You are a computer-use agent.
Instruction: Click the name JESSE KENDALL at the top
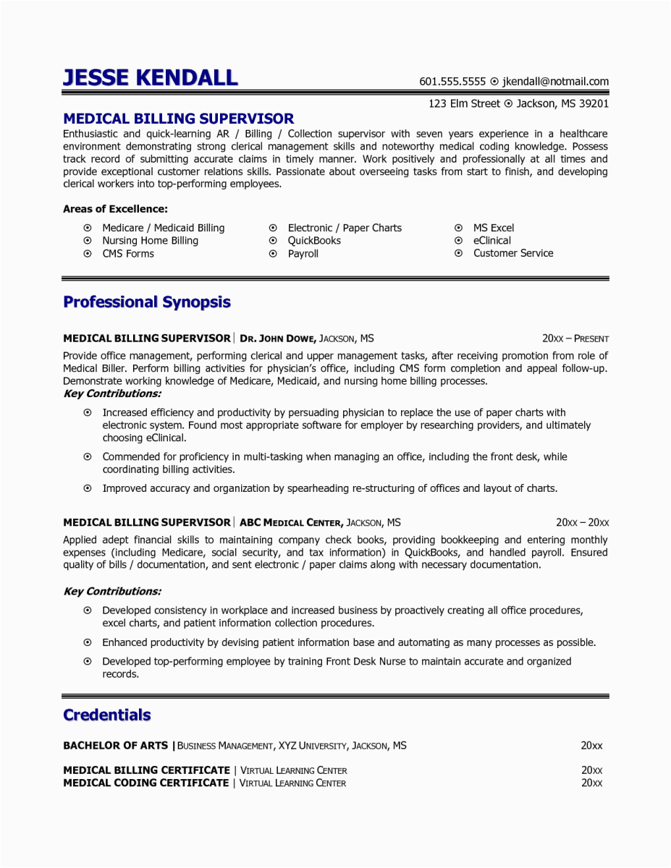click(x=150, y=77)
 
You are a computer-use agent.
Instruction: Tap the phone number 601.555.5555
click(x=452, y=82)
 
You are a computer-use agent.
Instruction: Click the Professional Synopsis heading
click(x=147, y=302)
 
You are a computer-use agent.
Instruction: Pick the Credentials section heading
click(x=107, y=715)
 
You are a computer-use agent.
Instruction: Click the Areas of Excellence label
click(x=115, y=209)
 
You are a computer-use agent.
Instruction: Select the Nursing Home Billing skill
click(x=150, y=241)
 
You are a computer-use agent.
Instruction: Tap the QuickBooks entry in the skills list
click(x=314, y=241)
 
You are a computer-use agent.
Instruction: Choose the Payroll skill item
click(x=303, y=254)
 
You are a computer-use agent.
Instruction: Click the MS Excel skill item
click(x=494, y=228)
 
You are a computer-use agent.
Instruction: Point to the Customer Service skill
click(x=513, y=253)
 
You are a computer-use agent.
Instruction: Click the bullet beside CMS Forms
click(x=88, y=254)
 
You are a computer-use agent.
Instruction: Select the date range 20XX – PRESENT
click(x=575, y=339)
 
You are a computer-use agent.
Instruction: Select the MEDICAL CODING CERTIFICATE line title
click(x=145, y=783)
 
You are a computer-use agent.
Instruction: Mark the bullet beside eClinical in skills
click(x=458, y=241)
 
